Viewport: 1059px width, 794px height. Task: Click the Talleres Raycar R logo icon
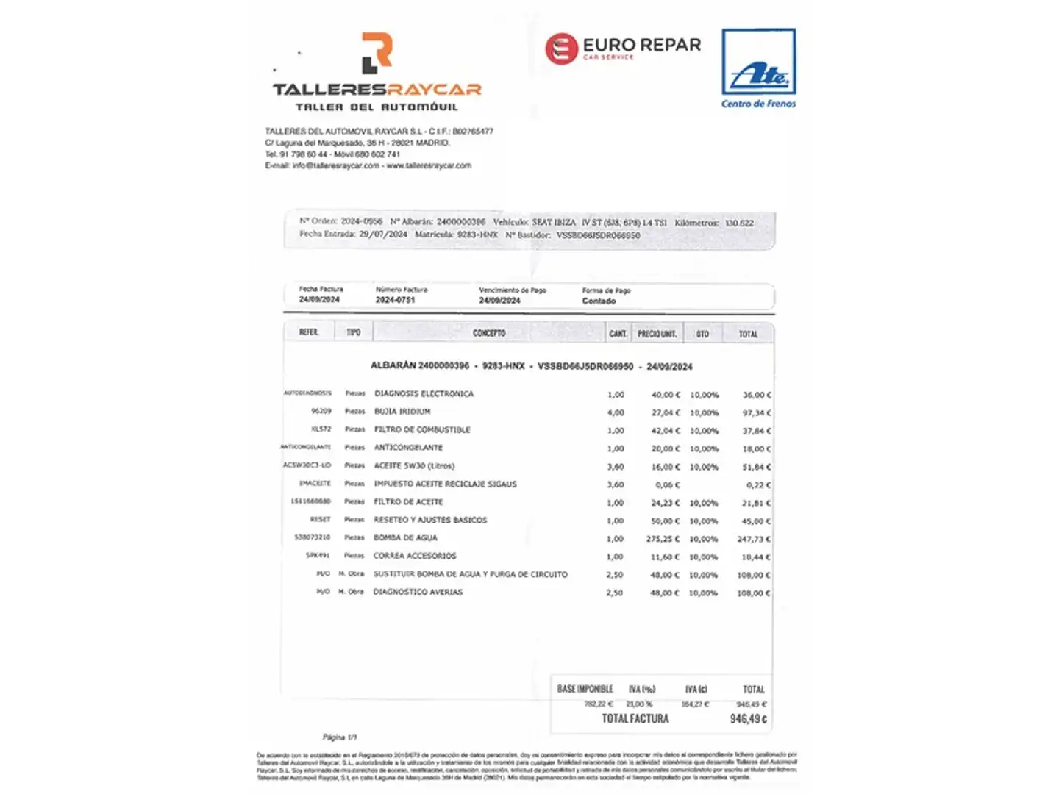tap(377, 52)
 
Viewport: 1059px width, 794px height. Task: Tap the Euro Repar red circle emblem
tap(561, 49)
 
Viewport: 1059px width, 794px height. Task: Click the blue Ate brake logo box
tap(758, 62)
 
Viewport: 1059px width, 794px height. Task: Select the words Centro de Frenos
tap(758, 104)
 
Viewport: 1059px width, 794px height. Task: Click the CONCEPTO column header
tap(489, 333)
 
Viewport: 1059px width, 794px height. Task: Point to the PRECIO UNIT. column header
tap(657, 334)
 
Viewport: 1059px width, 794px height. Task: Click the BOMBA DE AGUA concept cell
tap(405, 538)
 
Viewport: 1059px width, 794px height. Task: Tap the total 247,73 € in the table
tap(754, 539)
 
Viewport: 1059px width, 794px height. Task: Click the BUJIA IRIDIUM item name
tap(402, 412)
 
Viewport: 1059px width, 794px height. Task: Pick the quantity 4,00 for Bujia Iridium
tap(616, 412)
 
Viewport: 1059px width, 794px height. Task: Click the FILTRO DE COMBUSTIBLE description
tap(422, 429)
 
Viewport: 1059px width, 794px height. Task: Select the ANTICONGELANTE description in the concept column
tap(408, 448)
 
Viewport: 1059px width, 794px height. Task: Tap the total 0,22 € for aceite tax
tap(758, 485)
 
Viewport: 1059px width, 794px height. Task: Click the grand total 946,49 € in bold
tap(748, 719)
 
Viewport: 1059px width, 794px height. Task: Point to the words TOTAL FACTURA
tap(635, 718)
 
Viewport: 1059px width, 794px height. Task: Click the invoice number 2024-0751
tap(395, 300)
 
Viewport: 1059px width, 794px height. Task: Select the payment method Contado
tap(599, 301)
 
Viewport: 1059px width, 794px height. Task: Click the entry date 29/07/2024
tap(382, 235)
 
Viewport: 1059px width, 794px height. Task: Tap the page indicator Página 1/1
tap(340, 737)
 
